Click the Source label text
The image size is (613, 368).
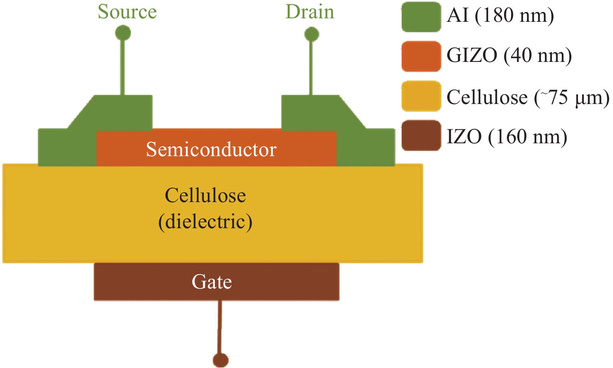point(127,12)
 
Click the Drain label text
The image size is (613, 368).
point(310,12)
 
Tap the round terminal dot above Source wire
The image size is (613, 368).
point(123,33)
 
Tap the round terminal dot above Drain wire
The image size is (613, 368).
point(311,34)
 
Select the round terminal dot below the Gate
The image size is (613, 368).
point(221,360)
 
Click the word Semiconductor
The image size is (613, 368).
point(211,150)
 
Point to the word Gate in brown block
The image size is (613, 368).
point(212,282)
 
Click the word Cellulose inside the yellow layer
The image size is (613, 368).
point(205,195)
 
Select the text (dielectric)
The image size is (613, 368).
point(205,222)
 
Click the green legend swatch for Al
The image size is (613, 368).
point(421,17)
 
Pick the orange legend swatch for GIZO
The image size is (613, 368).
point(421,56)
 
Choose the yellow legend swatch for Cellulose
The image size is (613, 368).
point(421,96)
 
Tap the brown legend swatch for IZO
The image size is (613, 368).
point(421,136)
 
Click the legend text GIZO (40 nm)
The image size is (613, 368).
point(509,56)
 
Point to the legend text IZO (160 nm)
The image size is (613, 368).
point(507,137)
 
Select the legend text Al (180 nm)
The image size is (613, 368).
point(500,16)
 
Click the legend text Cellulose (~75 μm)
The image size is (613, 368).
point(528,97)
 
